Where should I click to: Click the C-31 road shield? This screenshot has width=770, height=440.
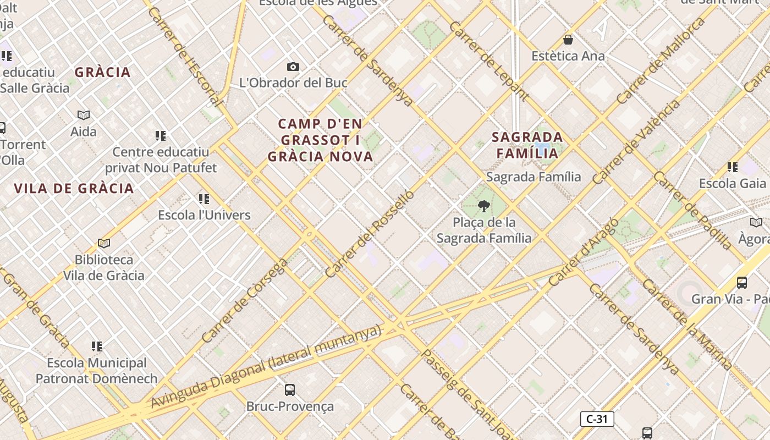click(597, 419)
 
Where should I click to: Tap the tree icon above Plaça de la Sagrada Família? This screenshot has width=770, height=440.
click(484, 206)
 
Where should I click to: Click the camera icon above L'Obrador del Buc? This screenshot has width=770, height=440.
click(293, 67)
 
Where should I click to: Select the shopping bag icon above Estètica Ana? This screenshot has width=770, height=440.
click(568, 40)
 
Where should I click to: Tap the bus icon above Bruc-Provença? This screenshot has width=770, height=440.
click(290, 390)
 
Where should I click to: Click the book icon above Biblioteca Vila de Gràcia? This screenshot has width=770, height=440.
click(104, 243)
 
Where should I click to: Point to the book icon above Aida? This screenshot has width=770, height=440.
click(84, 115)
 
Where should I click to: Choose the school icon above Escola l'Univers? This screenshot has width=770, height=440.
click(204, 199)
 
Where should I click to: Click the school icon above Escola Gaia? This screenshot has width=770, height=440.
click(732, 167)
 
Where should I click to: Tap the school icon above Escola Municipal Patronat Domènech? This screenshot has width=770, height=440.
click(97, 346)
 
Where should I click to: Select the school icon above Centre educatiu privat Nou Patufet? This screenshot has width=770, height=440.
click(161, 135)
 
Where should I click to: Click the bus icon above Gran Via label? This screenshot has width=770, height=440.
click(742, 283)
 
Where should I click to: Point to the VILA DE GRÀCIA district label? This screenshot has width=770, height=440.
click(74, 189)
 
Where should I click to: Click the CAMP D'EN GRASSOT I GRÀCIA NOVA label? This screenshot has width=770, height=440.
click(321, 140)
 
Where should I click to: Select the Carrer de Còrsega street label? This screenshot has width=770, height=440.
click(245, 300)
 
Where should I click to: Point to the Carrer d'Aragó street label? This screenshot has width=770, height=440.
click(584, 252)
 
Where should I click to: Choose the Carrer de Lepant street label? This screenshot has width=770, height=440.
click(489, 62)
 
